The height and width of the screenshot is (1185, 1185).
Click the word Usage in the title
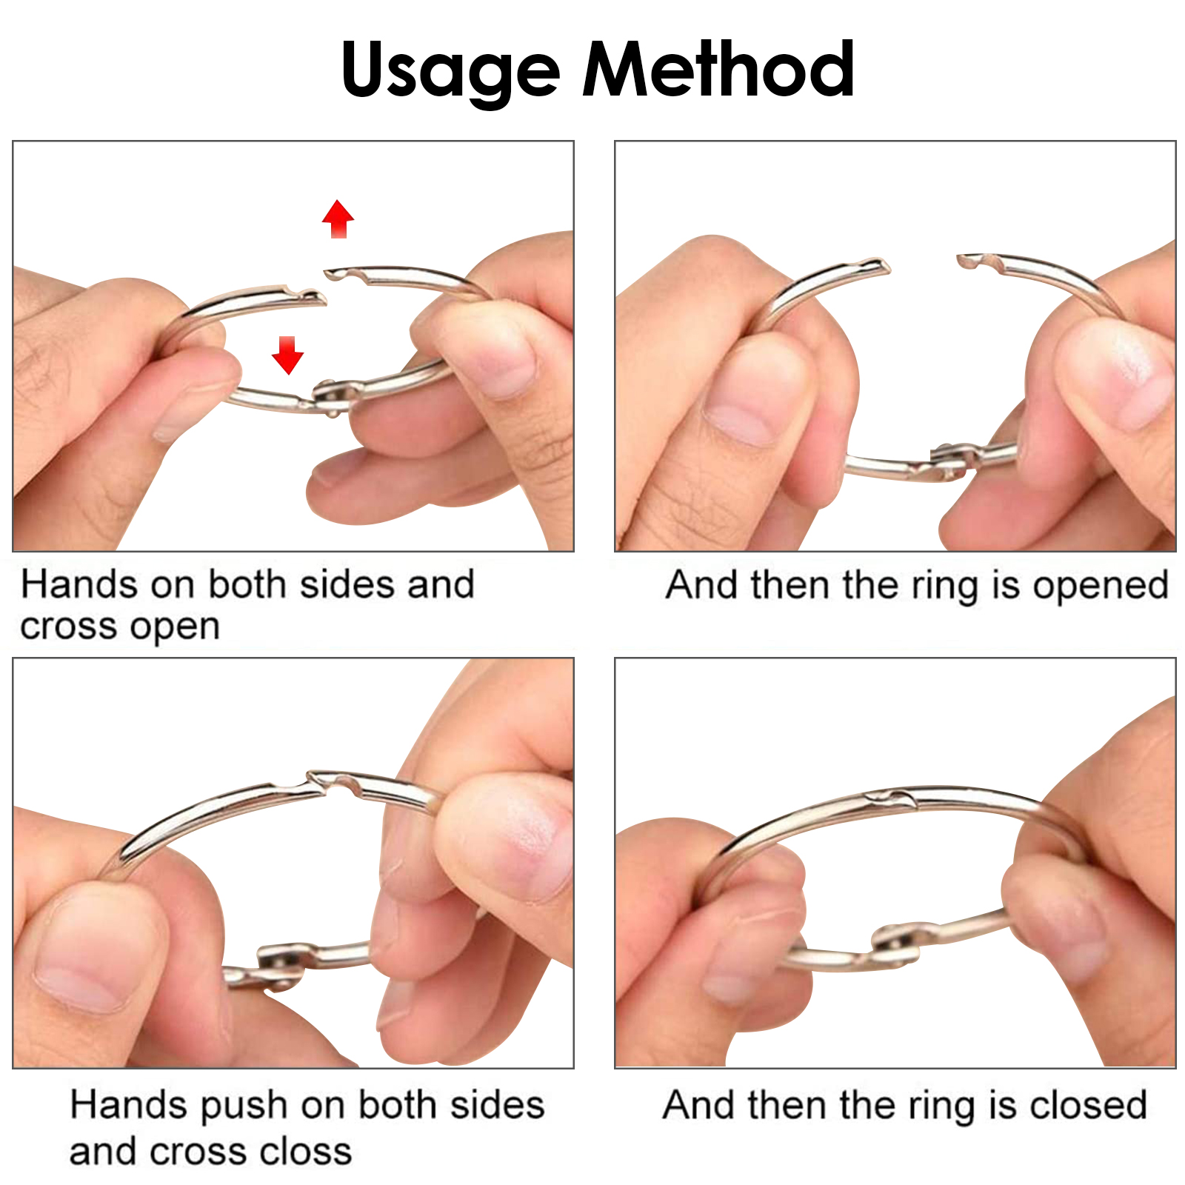450,70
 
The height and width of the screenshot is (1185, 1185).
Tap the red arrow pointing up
338,218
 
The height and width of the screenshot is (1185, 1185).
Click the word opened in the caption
1101,587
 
